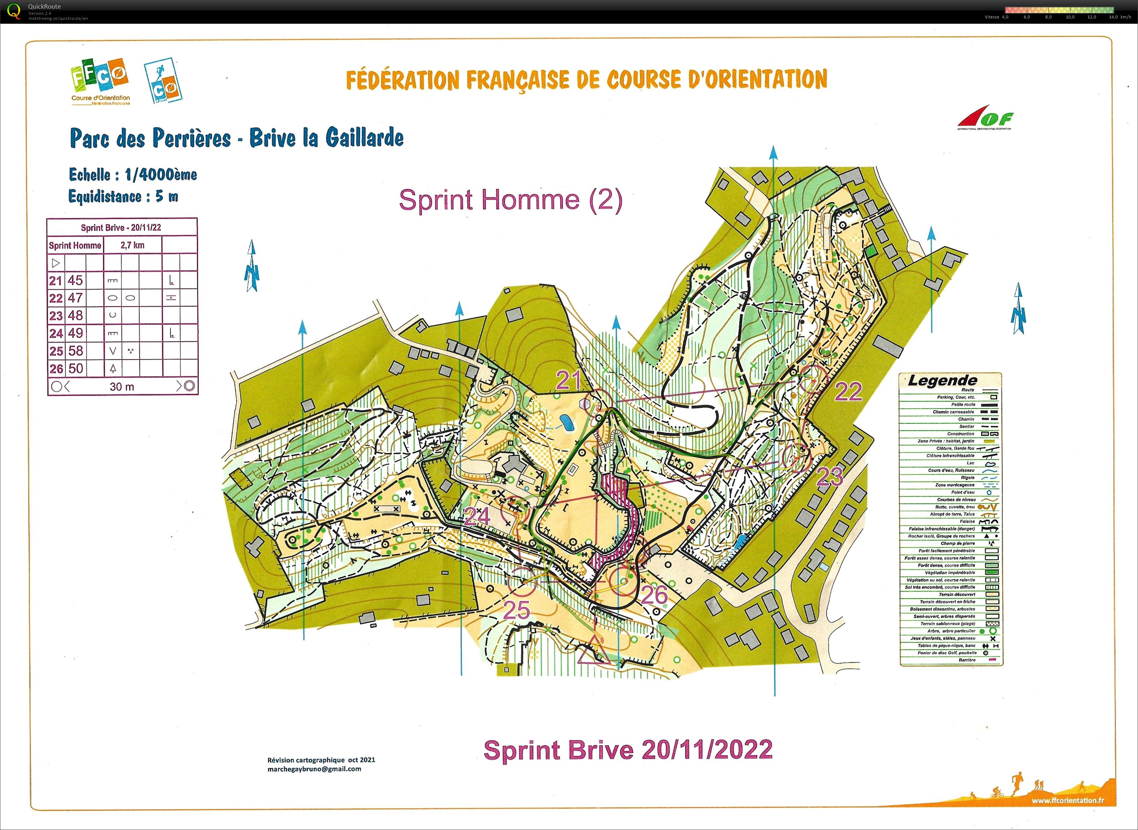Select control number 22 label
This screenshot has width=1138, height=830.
[x=848, y=392]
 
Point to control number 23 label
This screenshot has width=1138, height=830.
[x=829, y=476]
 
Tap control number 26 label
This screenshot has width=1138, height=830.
[x=654, y=595]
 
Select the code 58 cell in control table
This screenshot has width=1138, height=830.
[x=76, y=351]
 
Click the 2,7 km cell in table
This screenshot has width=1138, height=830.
[x=132, y=245]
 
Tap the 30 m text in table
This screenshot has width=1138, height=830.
[x=122, y=386]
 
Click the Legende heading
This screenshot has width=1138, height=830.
[x=942, y=380]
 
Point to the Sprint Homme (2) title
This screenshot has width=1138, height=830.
[x=510, y=200]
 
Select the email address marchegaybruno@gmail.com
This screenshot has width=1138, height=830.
[x=314, y=769]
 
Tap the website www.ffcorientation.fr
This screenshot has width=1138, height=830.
[x=1067, y=800]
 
